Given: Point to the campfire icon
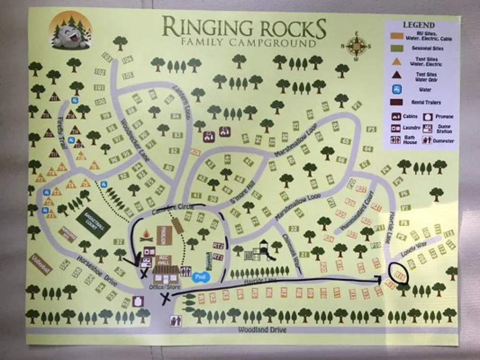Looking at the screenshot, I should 146,235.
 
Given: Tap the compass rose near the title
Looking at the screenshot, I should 356,47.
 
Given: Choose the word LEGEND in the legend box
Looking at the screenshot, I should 419,25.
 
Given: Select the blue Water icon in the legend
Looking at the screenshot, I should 397,89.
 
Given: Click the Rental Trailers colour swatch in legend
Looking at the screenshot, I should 397,102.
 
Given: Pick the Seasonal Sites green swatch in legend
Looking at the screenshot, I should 397,48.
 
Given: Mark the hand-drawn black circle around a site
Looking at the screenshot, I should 399,274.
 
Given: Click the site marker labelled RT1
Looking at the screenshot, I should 218,257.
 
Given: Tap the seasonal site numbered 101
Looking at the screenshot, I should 99,87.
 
